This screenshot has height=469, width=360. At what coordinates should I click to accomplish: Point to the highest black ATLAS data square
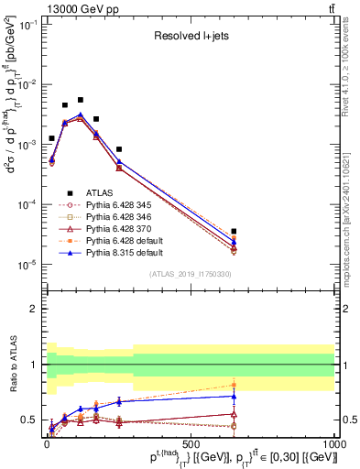pyautogui.click(x=81, y=100)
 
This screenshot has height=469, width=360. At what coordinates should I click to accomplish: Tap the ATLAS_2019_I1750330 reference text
pyautogui.click(x=191, y=274)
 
